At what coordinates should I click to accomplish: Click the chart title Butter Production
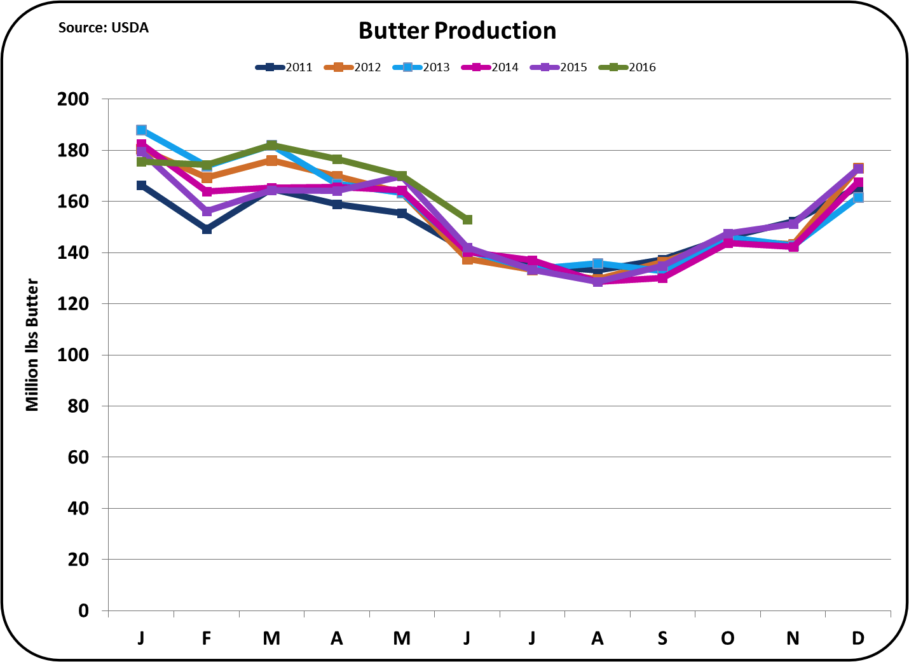(x=457, y=31)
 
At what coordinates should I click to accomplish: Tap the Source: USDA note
(x=103, y=27)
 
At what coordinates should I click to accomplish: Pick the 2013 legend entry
(x=421, y=67)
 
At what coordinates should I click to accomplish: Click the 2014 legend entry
(x=490, y=67)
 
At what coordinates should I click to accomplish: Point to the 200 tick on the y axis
(x=73, y=99)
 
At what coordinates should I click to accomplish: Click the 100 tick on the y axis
(x=73, y=355)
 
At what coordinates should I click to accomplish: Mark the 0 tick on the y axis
(x=83, y=610)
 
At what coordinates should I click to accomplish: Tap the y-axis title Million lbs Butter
(x=32, y=345)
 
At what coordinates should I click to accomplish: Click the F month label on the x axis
(x=207, y=638)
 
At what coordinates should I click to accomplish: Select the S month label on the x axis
(x=662, y=638)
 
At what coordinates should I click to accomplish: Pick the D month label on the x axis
(x=858, y=638)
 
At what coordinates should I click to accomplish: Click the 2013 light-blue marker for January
(x=141, y=130)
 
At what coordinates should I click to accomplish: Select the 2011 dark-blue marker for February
(x=207, y=229)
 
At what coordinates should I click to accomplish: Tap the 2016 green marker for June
(x=467, y=220)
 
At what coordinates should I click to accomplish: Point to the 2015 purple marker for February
(x=207, y=211)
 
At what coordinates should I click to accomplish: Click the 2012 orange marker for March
(x=271, y=160)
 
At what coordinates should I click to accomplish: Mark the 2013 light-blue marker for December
(x=858, y=197)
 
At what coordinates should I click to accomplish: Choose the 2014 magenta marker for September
(x=662, y=277)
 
